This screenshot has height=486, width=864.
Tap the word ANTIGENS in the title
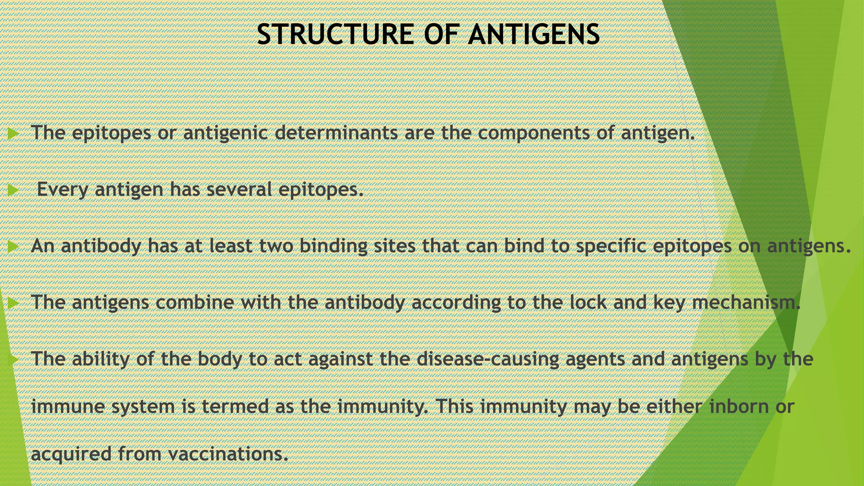point(534,35)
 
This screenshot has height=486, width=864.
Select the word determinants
point(336,133)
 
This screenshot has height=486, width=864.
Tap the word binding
point(333,246)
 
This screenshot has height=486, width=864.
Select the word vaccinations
point(228,454)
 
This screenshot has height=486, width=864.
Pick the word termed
point(235,407)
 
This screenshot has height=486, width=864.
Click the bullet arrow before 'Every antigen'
point(13,191)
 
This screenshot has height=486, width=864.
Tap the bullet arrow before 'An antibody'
point(13,247)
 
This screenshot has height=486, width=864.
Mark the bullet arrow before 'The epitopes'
point(13,134)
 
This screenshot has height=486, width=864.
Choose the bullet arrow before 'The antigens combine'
point(13,303)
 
